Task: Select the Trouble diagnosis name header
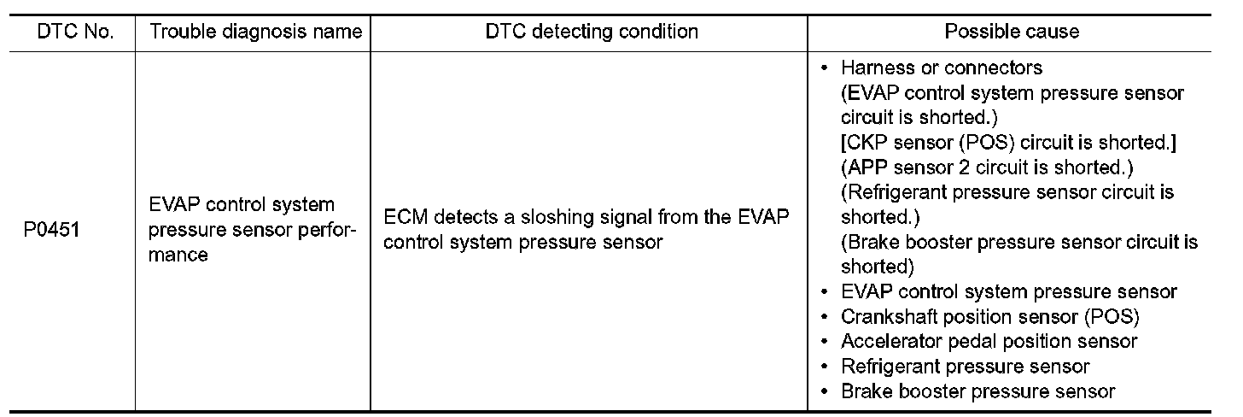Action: click(x=256, y=32)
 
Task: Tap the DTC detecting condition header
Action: click(x=592, y=32)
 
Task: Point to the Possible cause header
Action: click(x=1012, y=32)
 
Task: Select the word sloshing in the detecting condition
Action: click(x=568, y=218)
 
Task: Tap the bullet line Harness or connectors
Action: click(x=941, y=68)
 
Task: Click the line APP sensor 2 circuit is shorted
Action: click(x=987, y=167)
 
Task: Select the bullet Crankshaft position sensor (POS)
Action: click(x=990, y=317)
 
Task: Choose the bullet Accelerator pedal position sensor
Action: click(x=989, y=342)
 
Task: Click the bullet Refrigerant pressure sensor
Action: click(x=965, y=367)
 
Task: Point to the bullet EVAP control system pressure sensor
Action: click(x=1008, y=292)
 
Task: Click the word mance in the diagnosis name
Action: click(x=178, y=255)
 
